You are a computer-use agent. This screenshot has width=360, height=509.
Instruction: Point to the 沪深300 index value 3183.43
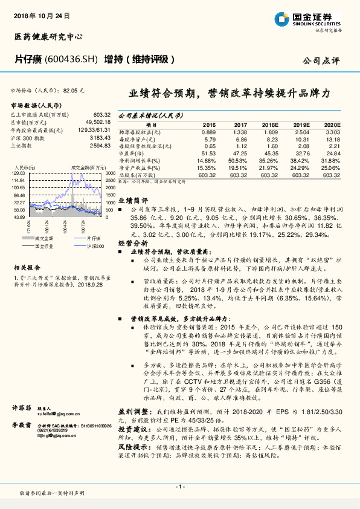[100, 138]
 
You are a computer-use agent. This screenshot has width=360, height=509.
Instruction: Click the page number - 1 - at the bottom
[179, 487]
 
